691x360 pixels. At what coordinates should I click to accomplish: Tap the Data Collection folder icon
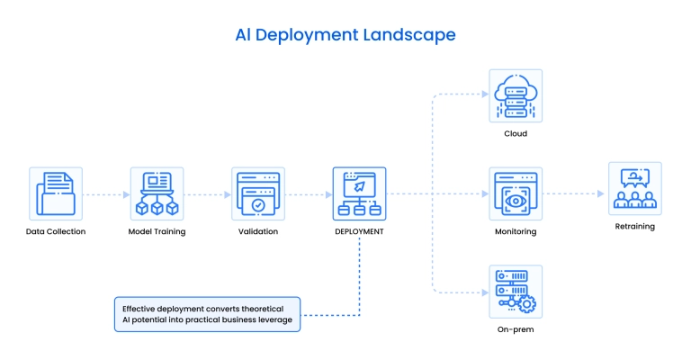[x=55, y=193]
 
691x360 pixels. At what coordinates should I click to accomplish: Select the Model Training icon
[x=157, y=193]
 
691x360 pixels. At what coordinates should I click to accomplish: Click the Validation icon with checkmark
[x=258, y=193]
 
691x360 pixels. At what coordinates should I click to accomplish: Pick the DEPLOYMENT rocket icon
[x=359, y=193]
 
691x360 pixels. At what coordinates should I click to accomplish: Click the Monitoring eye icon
[x=516, y=193]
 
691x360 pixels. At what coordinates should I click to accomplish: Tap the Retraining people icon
[x=634, y=188]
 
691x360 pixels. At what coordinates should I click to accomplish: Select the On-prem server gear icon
[x=516, y=292]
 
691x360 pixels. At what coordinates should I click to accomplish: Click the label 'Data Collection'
[x=55, y=231]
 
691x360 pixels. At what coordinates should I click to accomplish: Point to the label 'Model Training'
[x=157, y=231]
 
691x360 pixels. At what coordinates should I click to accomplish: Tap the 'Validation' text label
[x=258, y=231]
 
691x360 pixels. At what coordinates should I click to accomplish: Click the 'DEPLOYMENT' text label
[x=359, y=231]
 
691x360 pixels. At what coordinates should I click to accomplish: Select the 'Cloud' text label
[x=516, y=133]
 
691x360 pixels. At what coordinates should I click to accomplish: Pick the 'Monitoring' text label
[x=516, y=231]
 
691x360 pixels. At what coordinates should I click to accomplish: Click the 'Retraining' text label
[x=634, y=227]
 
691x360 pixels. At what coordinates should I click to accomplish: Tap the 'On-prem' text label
[x=516, y=329]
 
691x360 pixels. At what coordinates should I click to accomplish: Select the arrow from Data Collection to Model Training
[x=105, y=193]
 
